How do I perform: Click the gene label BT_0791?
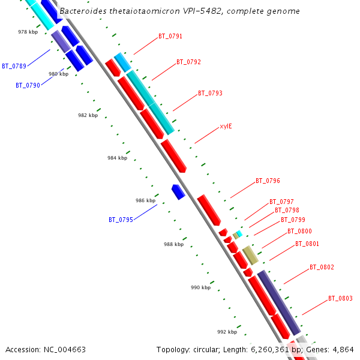(170, 36)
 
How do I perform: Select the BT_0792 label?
(188, 62)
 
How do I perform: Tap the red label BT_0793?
(210, 93)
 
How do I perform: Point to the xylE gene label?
(226, 126)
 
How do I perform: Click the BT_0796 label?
(268, 181)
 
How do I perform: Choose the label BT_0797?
(281, 202)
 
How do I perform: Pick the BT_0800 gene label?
(299, 231)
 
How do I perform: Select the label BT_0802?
(322, 267)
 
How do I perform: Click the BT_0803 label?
(340, 298)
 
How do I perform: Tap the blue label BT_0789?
(14, 66)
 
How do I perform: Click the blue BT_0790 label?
(28, 85)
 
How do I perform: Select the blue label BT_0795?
(121, 220)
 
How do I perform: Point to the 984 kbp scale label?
(117, 158)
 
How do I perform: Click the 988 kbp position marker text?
(173, 244)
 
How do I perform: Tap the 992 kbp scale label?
(227, 332)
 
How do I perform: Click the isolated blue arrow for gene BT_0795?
(178, 192)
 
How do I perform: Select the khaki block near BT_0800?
(250, 255)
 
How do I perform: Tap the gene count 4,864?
(343, 349)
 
